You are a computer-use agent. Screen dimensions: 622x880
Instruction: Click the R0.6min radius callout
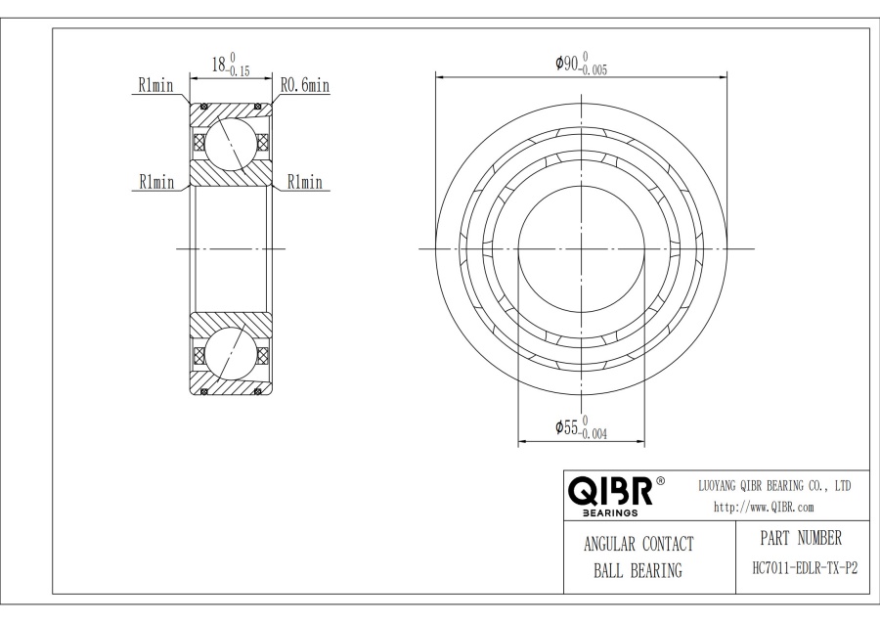coord(305,86)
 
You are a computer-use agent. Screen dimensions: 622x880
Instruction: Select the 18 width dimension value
coord(221,65)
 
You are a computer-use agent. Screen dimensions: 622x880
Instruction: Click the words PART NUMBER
coord(800,538)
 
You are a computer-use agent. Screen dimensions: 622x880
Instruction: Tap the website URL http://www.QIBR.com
coord(764,507)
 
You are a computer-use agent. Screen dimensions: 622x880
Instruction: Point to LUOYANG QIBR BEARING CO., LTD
coord(774,486)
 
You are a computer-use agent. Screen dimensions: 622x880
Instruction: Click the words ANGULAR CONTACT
coord(638,545)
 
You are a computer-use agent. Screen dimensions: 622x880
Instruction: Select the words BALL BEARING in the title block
coord(638,571)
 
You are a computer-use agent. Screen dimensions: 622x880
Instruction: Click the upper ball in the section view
coord(232,142)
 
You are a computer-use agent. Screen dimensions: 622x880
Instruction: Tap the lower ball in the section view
coord(232,354)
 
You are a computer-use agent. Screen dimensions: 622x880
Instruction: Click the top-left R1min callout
coord(156,86)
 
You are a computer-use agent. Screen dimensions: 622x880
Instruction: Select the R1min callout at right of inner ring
coord(304,182)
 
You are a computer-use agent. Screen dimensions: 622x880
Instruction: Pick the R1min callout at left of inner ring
coord(156,182)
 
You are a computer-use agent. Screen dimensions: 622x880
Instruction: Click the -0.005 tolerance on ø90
coord(594,70)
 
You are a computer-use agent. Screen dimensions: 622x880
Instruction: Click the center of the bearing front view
coord(582,248)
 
